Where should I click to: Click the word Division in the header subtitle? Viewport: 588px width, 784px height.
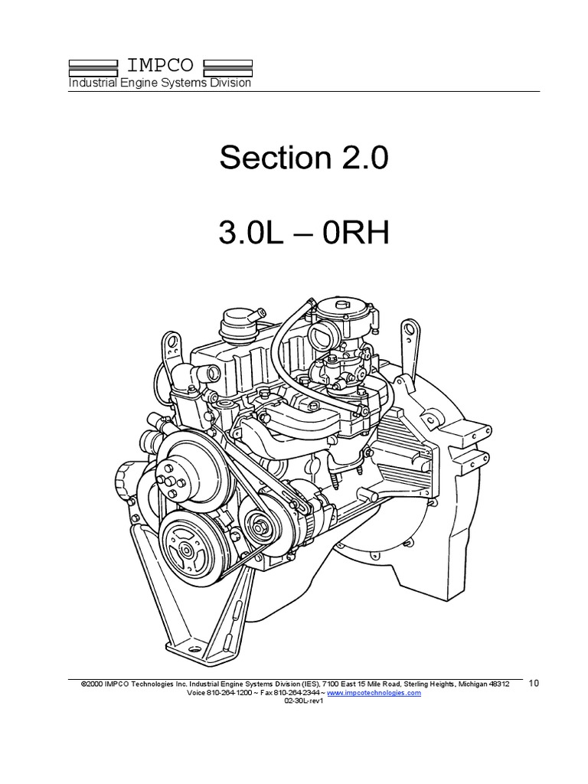point(229,83)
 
